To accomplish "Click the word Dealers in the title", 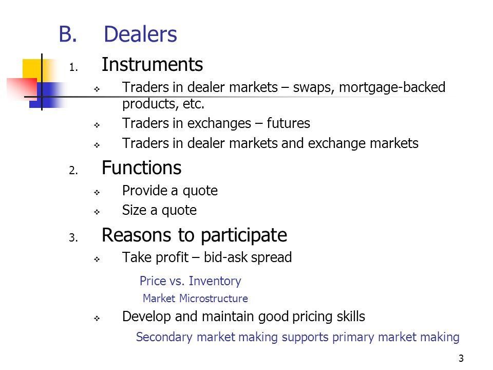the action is click(x=140, y=34).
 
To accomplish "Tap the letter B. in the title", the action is click(x=68, y=34).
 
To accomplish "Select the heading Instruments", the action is click(x=152, y=65).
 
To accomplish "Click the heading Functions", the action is click(x=142, y=168).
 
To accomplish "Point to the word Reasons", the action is click(x=137, y=235).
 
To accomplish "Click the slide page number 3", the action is click(x=461, y=358).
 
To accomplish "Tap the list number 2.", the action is click(x=73, y=170).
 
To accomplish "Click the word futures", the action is click(x=288, y=123).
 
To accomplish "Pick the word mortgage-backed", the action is click(x=392, y=88).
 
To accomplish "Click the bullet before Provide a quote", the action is click(x=97, y=192).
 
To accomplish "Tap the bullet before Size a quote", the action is click(x=97, y=212).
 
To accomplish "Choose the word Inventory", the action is click(x=215, y=281).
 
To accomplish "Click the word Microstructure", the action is click(x=214, y=298).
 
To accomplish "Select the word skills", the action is click(x=351, y=316).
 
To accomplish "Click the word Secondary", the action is click(x=164, y=337).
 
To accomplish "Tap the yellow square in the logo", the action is click(x=32, y=69).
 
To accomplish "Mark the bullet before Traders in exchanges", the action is click(x=97, y=125).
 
